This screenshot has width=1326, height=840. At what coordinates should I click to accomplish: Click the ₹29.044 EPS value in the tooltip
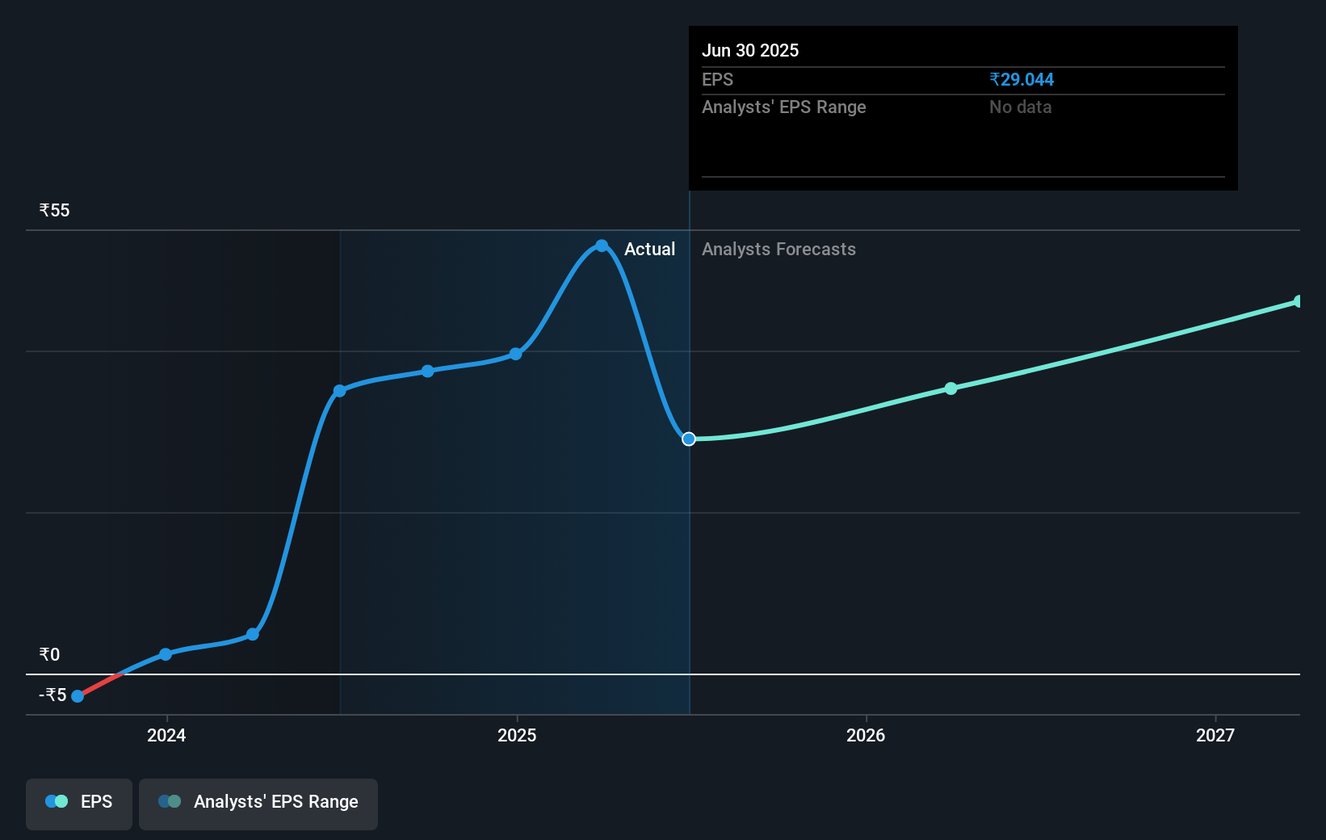(1022, 79)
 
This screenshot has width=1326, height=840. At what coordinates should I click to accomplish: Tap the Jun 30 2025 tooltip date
(749, 50)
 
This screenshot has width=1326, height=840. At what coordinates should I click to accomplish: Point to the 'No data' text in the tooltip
(1020, 107)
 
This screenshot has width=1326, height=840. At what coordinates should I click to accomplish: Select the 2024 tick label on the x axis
(166, 735)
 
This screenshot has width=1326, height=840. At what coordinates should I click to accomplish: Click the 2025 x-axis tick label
(517, 735)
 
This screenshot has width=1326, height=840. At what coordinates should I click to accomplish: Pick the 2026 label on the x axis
(866, 735)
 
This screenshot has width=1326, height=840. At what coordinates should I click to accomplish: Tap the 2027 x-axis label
(1215, 735)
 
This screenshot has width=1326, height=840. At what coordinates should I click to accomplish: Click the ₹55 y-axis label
(54, 210)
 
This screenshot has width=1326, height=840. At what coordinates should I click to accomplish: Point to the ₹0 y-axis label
(49, 654)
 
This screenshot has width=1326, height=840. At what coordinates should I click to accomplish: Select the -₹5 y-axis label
(52, 695)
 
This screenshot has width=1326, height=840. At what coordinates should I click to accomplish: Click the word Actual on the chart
(649, 249)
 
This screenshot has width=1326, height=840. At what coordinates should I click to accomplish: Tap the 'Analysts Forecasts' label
(778, 249)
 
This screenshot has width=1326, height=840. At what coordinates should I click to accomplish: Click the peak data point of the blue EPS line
(602, 246)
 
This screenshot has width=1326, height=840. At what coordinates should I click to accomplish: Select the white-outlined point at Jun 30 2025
(689, 439)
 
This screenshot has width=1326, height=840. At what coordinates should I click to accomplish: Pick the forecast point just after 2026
(950, 388)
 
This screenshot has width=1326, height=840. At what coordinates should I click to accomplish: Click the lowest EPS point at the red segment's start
(78, 696)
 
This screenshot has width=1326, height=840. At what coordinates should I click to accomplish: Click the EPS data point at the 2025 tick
(516, 354)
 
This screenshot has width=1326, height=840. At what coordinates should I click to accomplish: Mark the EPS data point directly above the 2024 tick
(166, 654)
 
